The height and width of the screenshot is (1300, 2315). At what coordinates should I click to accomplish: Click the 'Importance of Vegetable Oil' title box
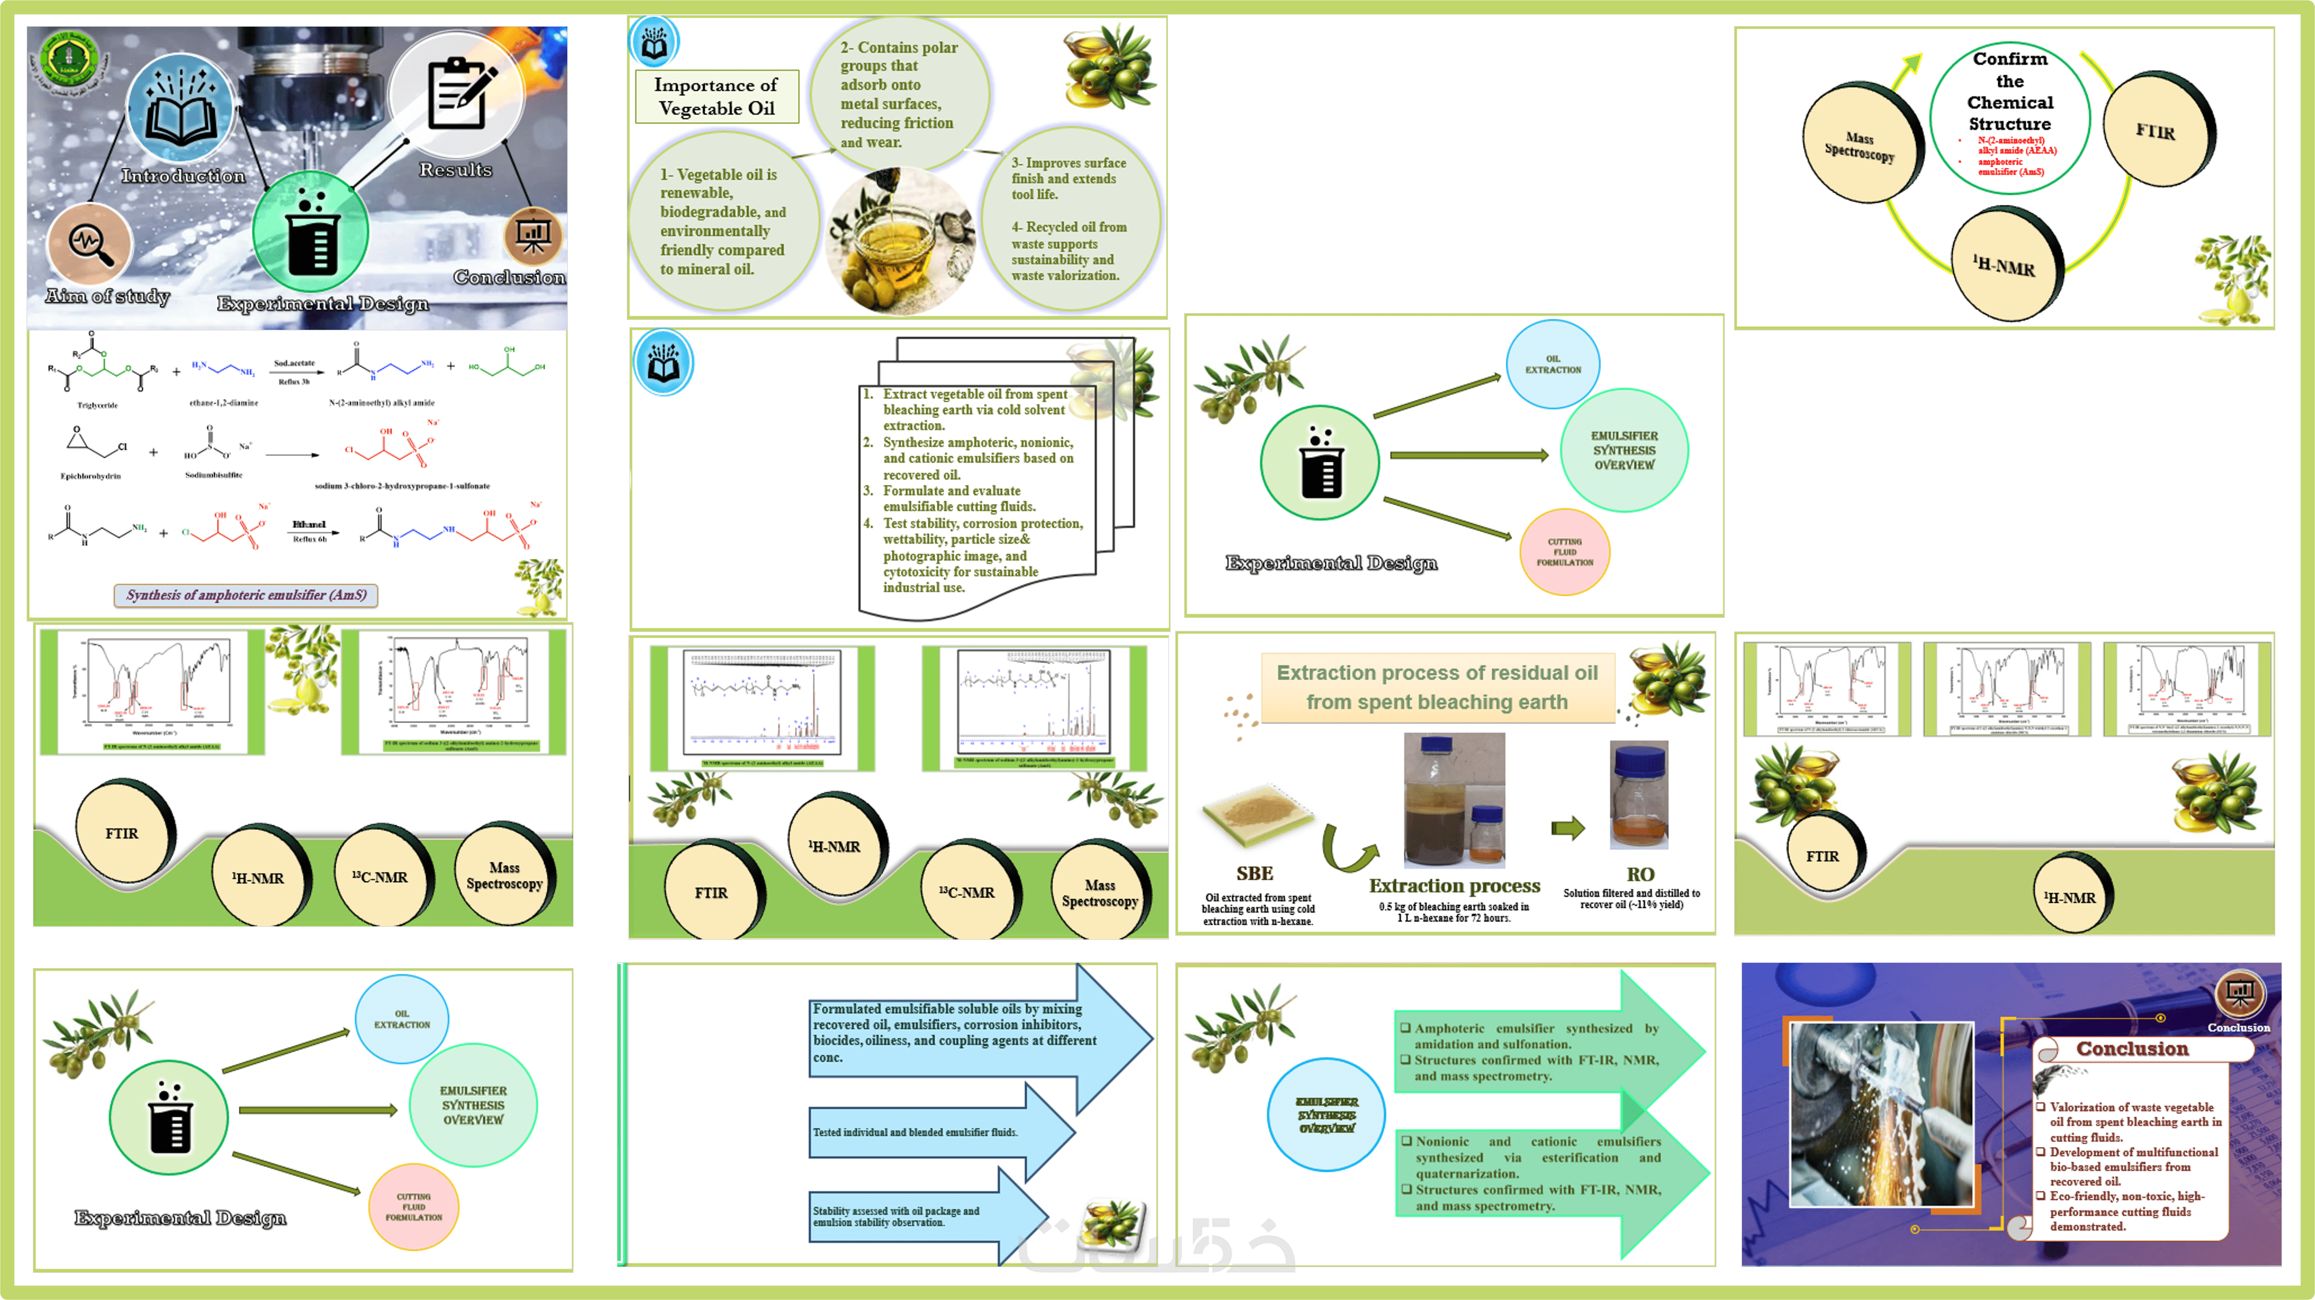(x=716, y=96)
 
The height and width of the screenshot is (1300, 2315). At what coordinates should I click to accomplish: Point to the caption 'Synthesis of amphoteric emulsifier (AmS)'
(x=246, y=595)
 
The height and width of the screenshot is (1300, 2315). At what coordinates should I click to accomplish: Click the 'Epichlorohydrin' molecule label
(x=91, y=476)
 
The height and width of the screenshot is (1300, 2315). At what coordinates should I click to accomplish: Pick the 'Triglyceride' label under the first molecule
(x=97, y=405)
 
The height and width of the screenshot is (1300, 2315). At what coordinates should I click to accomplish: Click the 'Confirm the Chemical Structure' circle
(x=2010, y=117)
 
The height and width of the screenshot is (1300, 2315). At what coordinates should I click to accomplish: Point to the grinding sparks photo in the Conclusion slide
(x=1881, y=1114)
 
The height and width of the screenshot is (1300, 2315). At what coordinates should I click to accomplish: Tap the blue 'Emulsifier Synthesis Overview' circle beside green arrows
(x=1326, y=1115)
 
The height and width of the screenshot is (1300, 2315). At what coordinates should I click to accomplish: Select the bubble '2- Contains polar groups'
(x=899, y=94)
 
